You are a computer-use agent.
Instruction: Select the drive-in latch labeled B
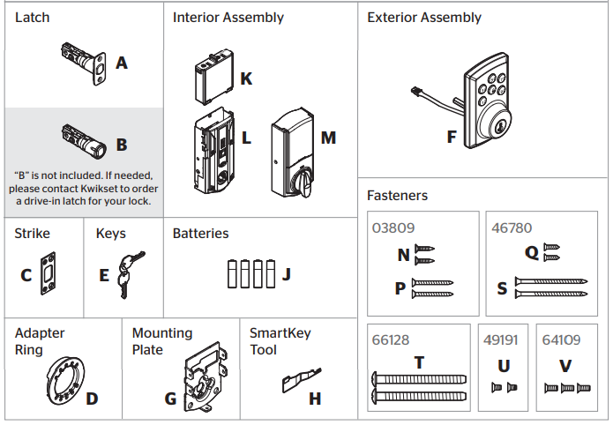tap(84, 139)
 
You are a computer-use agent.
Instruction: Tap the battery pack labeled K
tap(213, 78)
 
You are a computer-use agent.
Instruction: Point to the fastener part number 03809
tap(392, 227)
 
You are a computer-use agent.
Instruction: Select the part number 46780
tap(511, 227)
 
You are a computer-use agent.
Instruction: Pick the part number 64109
tap(560, 339)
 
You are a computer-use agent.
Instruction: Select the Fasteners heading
tap(397, 195)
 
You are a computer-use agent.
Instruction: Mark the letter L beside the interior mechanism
tap(246, 138)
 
